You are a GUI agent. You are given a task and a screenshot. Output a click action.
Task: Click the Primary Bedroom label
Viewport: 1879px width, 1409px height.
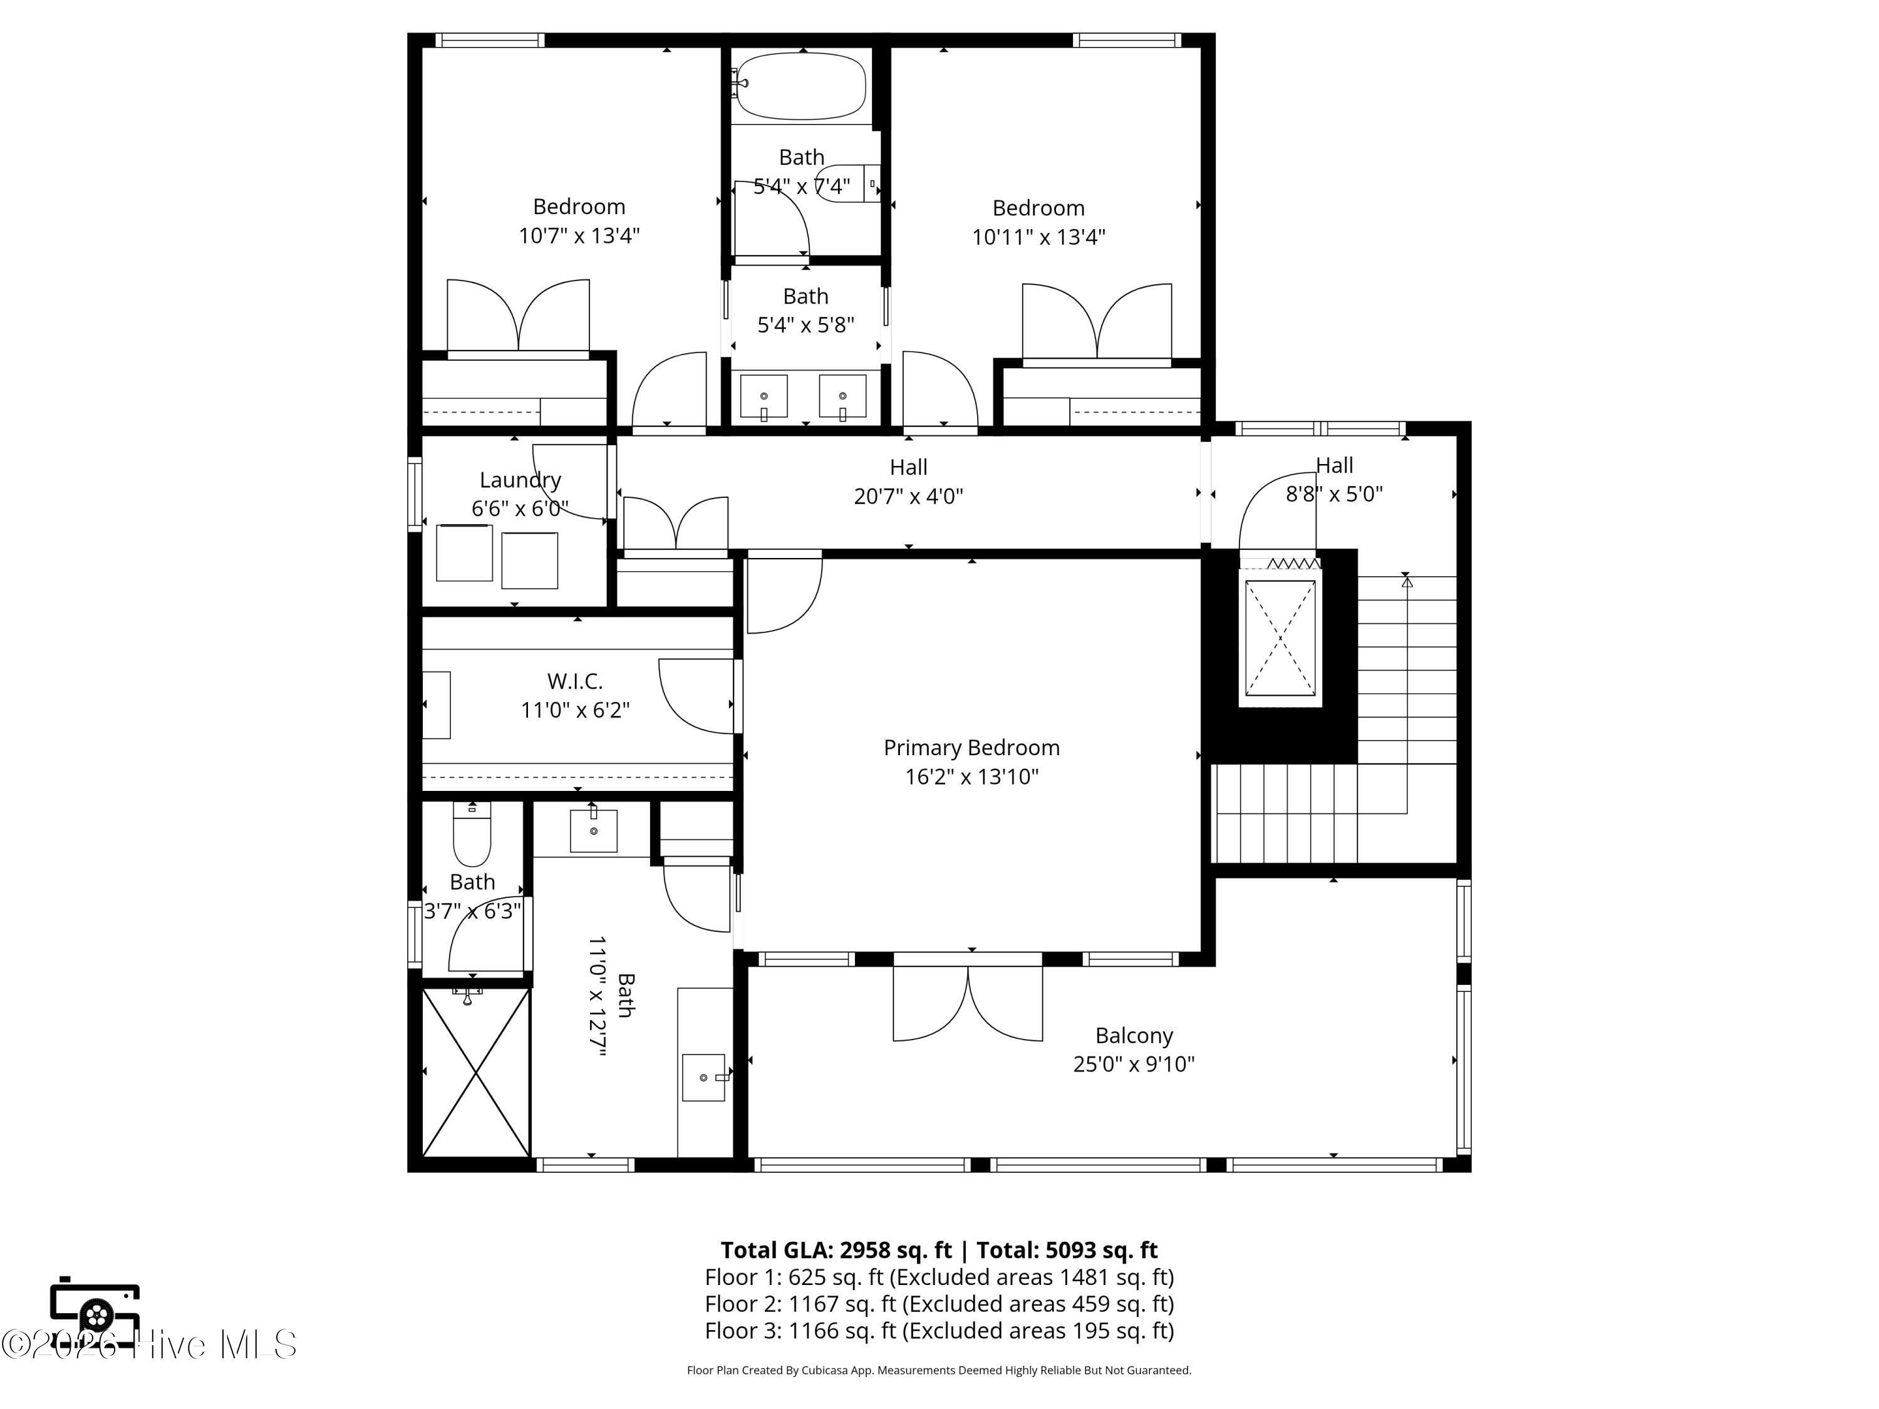(972, 747)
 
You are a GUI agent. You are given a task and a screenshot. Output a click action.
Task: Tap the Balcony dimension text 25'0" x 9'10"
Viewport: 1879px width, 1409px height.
(1134, 1064)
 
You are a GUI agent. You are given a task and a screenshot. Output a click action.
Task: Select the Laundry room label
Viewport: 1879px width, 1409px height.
(520, 480)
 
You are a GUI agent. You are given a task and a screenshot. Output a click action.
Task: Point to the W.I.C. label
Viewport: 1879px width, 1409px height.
(575, 681)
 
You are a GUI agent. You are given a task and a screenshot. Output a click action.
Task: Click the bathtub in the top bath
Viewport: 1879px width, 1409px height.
(800, 86)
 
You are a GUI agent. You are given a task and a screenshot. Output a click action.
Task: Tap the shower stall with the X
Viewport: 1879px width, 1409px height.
(477, 1072)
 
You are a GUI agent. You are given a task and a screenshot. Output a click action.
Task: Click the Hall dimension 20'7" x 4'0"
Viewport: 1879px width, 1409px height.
(908, 496)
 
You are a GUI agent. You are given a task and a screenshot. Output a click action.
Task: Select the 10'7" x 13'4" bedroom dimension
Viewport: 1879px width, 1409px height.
(579, 235)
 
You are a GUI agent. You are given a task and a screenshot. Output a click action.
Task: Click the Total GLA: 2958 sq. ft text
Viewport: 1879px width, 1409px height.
(836, 1250)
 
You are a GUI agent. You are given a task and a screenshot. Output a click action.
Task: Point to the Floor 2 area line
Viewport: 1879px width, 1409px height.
(939, 1304)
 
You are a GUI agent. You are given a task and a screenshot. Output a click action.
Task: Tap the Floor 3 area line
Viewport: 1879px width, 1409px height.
(939, 1330)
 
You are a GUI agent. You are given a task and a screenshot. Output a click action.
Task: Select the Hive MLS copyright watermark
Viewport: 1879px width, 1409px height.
(148, 1344)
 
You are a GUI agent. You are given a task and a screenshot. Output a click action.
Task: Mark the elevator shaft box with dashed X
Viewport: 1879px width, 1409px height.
(1280, 638)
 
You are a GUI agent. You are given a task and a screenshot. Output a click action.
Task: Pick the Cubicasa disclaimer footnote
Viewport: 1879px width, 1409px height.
(939, 1370)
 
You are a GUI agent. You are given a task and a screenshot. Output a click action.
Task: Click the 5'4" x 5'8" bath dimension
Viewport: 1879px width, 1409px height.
(805, 325)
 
